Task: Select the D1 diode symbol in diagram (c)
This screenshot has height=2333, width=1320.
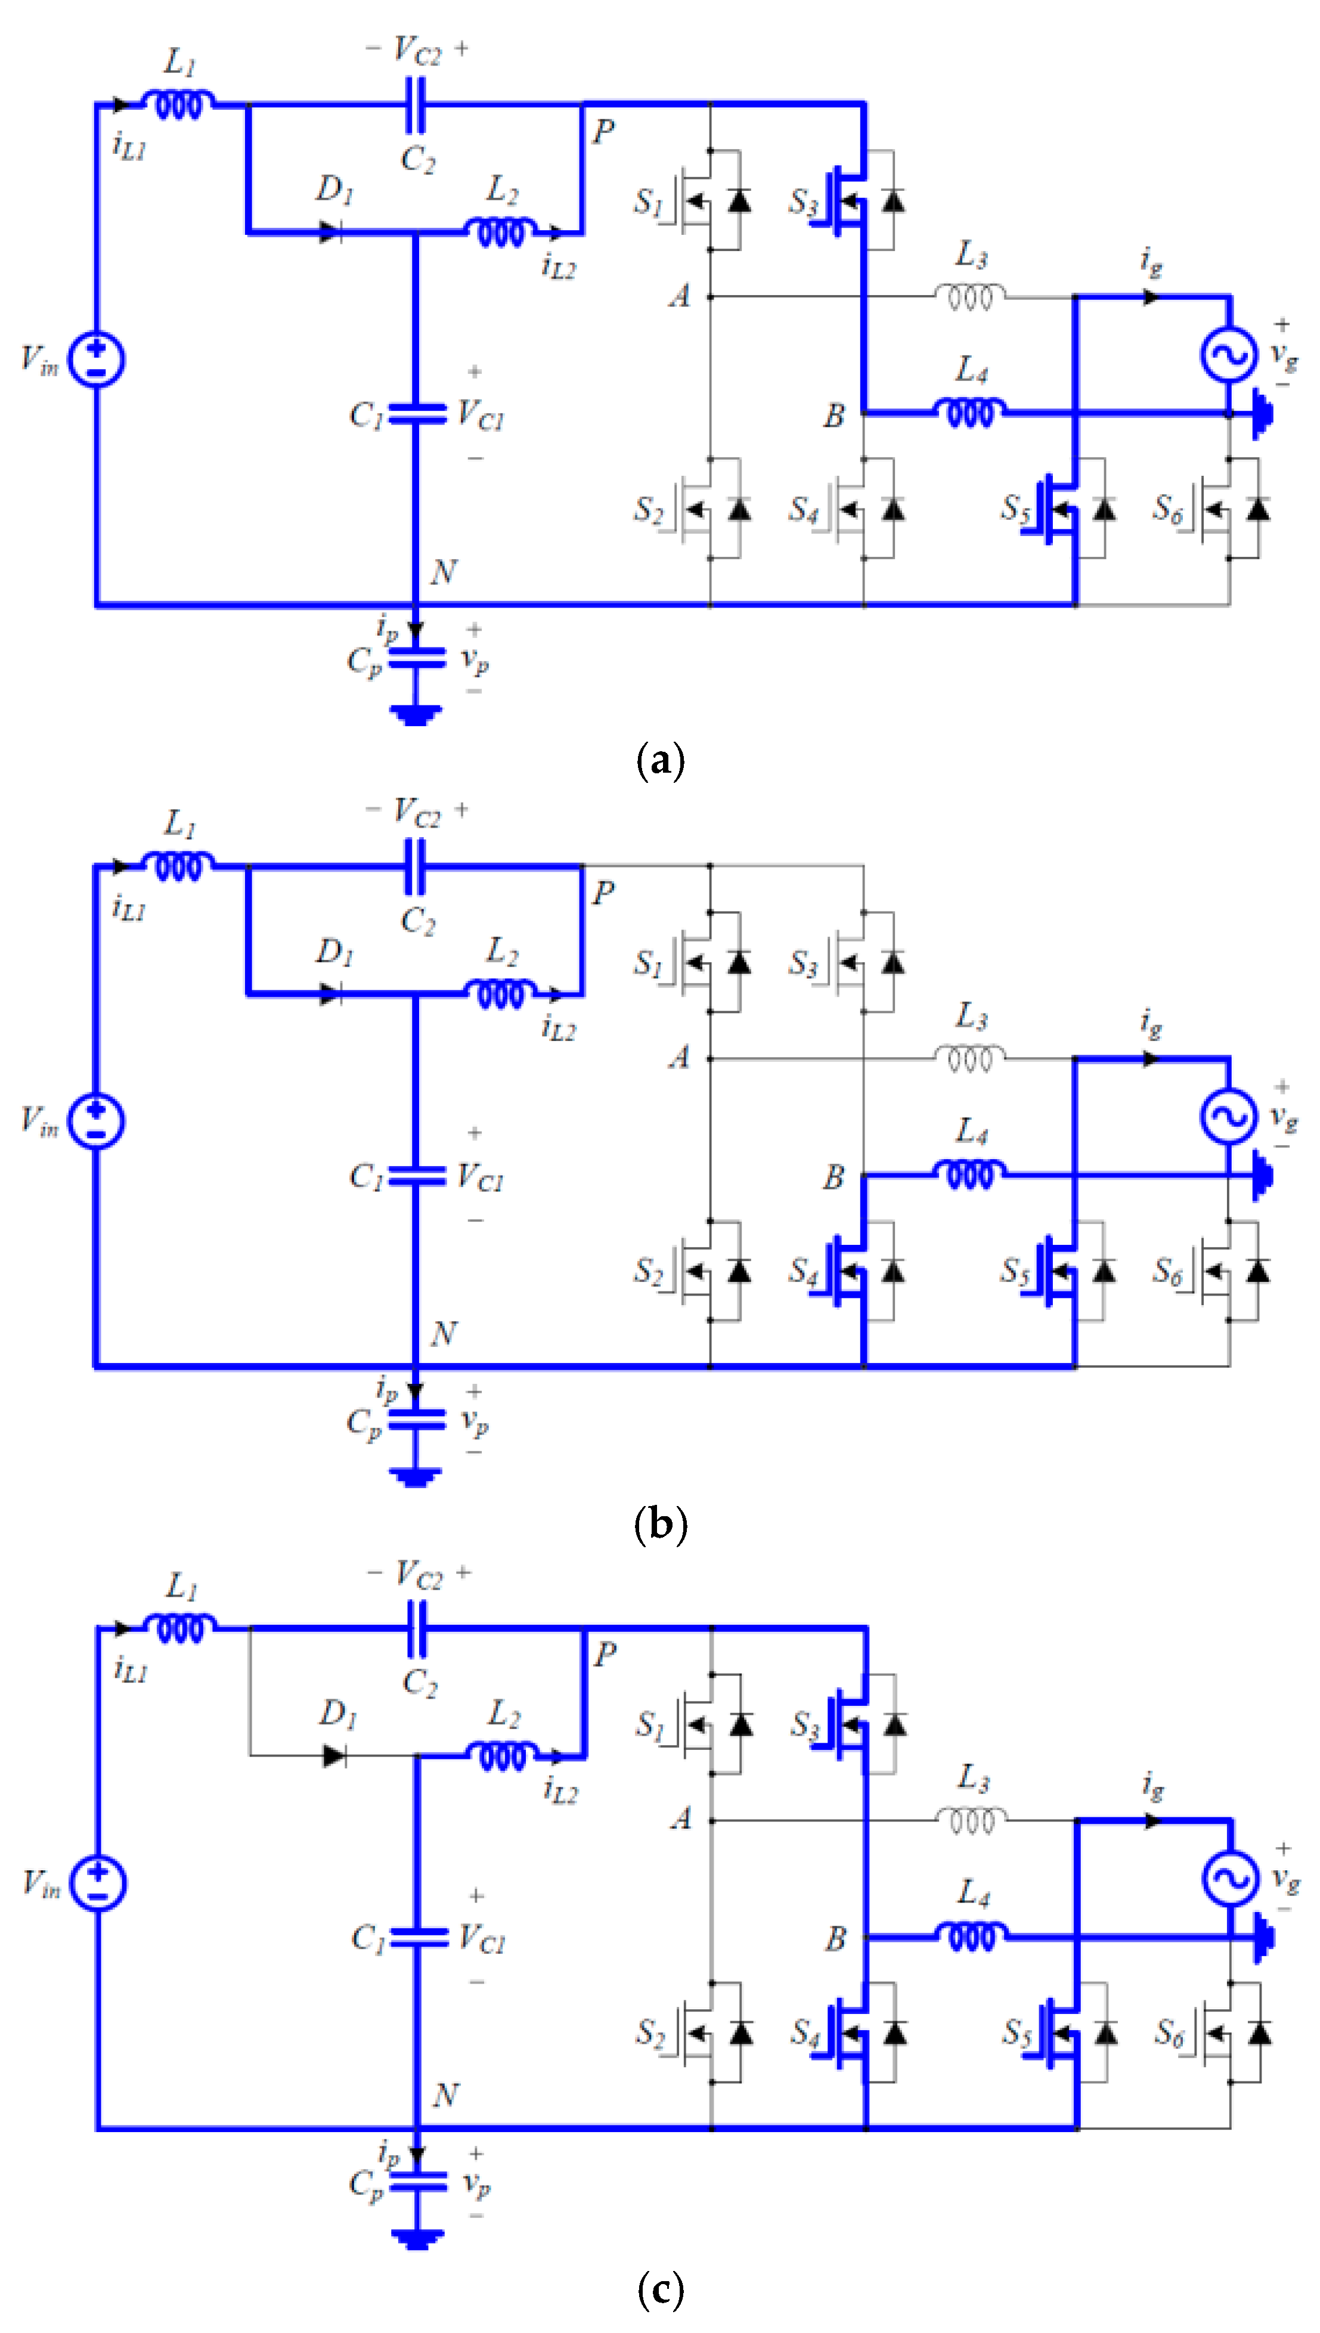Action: (x=334, y=1756)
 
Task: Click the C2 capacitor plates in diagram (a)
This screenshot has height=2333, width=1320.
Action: (x=415, y=104)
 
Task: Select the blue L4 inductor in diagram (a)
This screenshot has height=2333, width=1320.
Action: (x=969, y=413)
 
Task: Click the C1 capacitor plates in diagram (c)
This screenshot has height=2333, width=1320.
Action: (x=417, y=1938)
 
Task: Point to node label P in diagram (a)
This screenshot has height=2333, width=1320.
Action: (x=604, y=132)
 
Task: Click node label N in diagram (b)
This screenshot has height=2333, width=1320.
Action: (x=444, y=1333)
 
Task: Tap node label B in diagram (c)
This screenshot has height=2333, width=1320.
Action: (x=835, y=1939)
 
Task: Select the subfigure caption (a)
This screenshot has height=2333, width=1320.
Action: (x=660, y=760)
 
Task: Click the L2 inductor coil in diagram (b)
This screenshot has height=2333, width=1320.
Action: (x=500, y=994)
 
